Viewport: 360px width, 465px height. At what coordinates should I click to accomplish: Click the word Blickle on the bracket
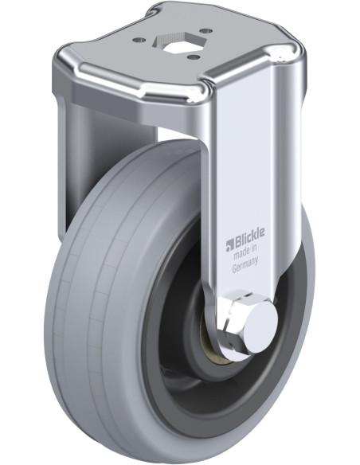249,237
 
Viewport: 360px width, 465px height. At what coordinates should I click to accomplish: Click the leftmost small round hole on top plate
139,40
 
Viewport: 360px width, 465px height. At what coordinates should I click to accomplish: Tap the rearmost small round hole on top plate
206,30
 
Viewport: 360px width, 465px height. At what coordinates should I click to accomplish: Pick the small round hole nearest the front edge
194,56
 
